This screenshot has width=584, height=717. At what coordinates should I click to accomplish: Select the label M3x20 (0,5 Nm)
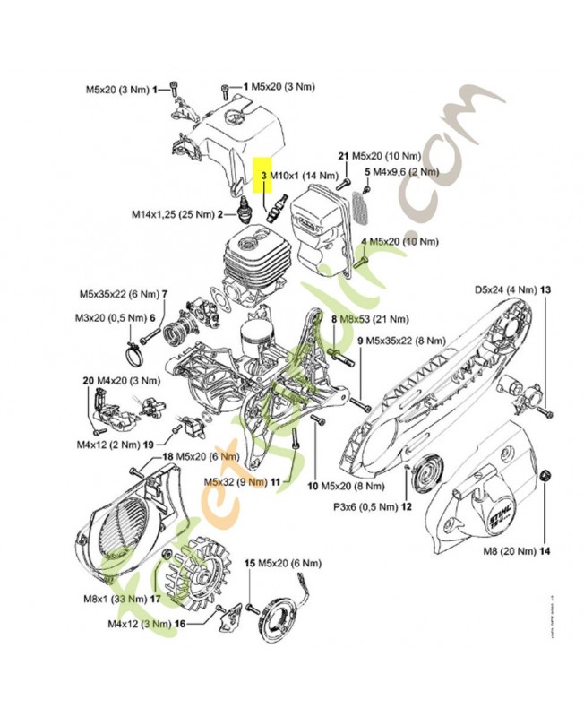coord(112,317)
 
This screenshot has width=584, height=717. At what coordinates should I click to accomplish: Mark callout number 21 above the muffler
coord(343,156)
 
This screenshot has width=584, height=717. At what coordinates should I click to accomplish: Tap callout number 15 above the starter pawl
coord(250,562)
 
